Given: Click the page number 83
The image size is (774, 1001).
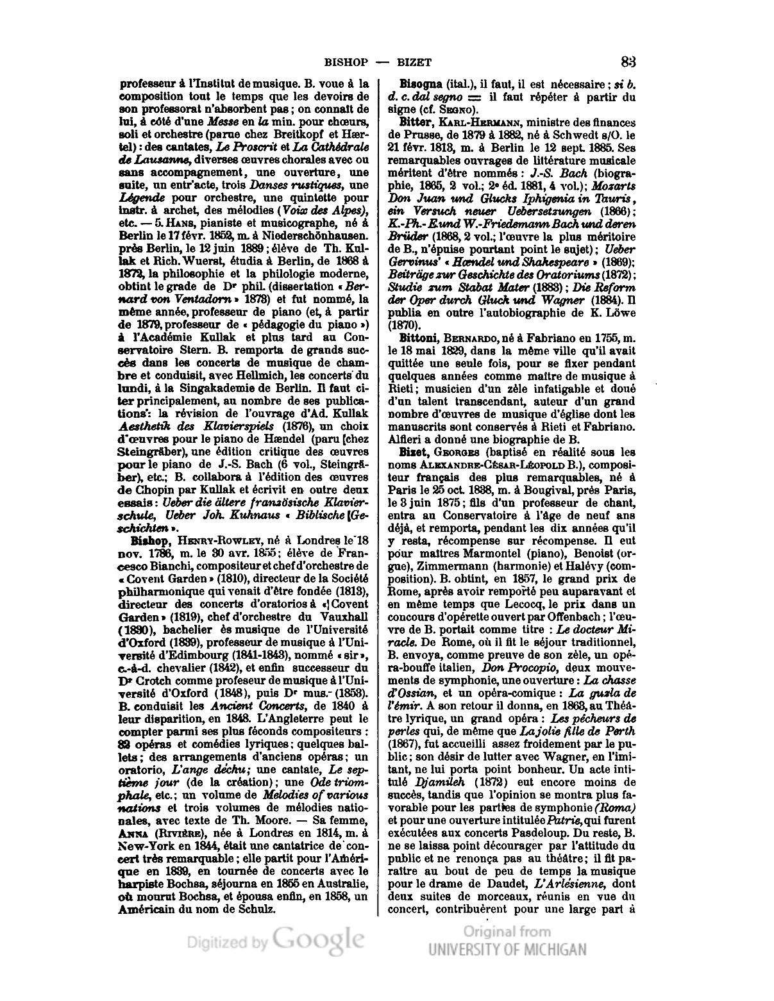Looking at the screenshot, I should pos(628,62).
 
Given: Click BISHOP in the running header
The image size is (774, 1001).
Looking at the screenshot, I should pos(346,62).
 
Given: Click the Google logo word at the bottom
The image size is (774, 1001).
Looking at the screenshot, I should pos(317,939).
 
